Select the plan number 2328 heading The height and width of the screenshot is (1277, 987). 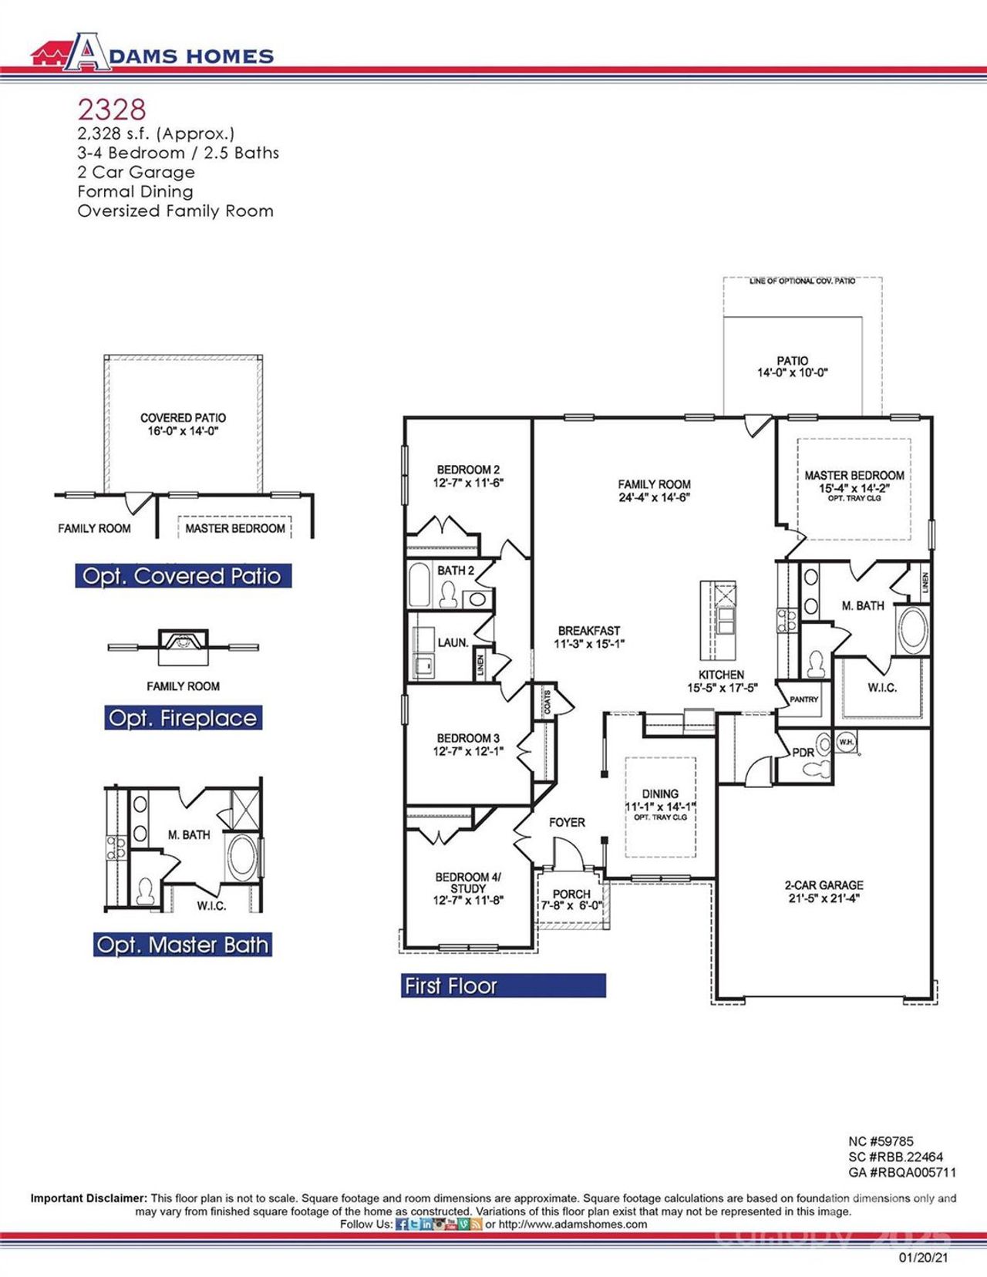tap(111, 110)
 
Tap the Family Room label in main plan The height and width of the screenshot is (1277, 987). tap(654, 484)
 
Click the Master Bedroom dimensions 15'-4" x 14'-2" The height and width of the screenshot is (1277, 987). tap(854, 488)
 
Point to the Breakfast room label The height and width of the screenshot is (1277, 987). tap(589, 630)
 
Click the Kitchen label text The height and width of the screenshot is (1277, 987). tap(721, 674)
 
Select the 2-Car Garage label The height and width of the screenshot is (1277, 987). tap(824, 884)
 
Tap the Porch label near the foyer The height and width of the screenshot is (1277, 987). tap(571, 894)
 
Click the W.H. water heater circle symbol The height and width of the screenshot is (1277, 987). tap(846, 742)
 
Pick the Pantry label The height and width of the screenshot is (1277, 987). tap(803, 699)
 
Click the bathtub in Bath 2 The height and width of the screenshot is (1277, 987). tap(419, 585)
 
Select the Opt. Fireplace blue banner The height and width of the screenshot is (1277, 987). tap(183, 718)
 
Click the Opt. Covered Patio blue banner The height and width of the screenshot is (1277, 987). tap(183, 576)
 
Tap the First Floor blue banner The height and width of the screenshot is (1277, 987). tap(503, 986)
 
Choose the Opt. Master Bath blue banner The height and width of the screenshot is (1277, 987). tap(183, 945)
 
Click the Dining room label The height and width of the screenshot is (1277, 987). tap(660, 793)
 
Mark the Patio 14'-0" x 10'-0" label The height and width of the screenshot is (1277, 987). tap(792, 366)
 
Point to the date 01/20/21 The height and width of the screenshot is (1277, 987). tap(923, 1257)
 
